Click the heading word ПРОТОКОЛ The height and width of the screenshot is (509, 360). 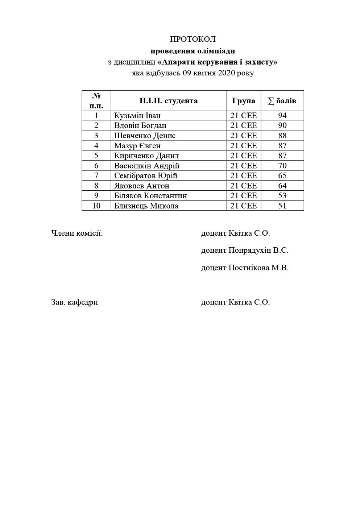pyautogui.click(x=193, y=39)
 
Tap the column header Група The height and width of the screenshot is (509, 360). pyautogui.click(x=244, y=101)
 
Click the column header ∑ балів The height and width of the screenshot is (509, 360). pyautogui.click(x=282, y=101)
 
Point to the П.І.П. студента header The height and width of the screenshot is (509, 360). pyautogui.click(x=169, y=101)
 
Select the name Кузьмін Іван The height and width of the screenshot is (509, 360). pyautogui.click(x=137, y=116)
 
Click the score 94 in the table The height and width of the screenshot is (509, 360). pyautogui.click(x=282, y=116)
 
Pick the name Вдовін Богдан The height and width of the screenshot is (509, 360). pyautogui.click(x=140, y=125)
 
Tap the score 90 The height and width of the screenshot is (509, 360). pyautogui.click(x=282, y=125)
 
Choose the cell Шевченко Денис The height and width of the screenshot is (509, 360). pyautogui.click(x=145, y=136)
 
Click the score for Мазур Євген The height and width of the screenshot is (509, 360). pyautogui.click(x=282, y=146)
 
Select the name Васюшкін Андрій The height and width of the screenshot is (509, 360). pyautogui.click(x=147, y=166)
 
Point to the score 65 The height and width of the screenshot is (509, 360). pyautogui.click(x=282, y=176)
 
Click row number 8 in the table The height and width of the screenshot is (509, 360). pyautogui.click(x=96, y=186)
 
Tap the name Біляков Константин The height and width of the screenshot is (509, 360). pyautogui.click(x=150, y=196)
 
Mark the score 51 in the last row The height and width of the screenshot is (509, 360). pyautogui.click(x=282, y=206)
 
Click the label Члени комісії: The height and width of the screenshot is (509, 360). pyautogui.click(x=77, y=233)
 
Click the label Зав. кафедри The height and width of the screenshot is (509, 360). pyautogui.click(x=75, y=302)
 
